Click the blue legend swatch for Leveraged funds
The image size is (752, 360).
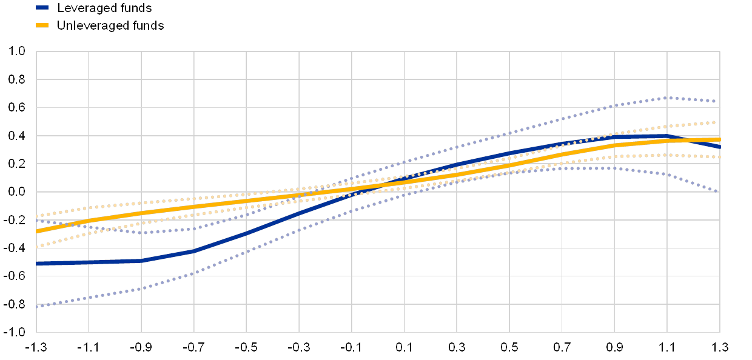42,8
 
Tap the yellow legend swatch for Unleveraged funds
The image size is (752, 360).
42,25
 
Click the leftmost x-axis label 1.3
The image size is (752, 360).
39,347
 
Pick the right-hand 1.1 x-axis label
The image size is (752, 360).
667,347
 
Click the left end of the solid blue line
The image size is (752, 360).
37,264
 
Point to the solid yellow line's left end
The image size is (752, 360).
37,232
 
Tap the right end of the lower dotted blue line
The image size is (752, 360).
719,192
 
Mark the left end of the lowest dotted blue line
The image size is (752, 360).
37,307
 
